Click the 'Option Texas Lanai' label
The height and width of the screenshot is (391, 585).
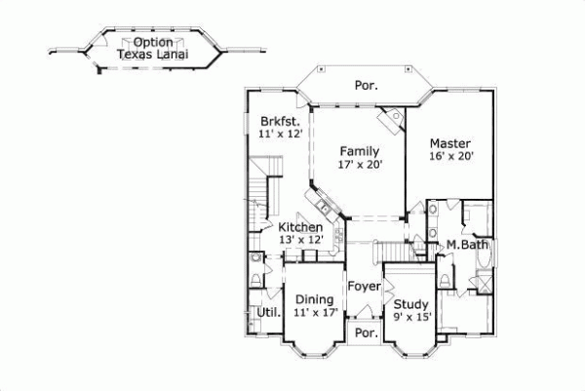coord(153,49)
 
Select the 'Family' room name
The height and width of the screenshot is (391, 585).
coord(359,150)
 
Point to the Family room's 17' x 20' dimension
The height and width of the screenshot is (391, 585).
coord(360,164)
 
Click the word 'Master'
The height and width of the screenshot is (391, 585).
coord(450,142)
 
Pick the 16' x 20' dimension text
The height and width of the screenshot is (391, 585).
coord(450,156)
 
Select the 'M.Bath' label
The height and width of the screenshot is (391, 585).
coord(467,244)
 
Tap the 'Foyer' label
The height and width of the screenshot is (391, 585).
coord(366,288)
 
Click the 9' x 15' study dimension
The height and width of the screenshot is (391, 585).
coord(410,315)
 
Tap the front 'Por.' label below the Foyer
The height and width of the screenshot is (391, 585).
coord(366,332)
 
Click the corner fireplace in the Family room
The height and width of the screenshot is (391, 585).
coord(394,119)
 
